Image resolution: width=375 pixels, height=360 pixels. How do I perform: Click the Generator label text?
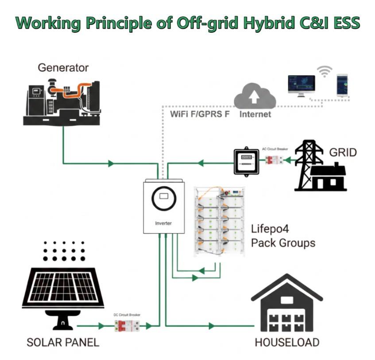[x=63, y=68]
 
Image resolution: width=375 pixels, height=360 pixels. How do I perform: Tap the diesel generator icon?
[x=62, y=102]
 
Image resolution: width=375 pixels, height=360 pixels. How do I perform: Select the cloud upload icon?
[x=255, y=96]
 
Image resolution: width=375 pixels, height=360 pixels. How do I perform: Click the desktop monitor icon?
[x=302, y=86]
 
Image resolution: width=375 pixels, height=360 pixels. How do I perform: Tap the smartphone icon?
[x=342, y=85]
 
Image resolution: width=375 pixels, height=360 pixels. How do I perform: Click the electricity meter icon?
[x=246, y=161]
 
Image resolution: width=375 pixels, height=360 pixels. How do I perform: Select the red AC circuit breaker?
[x=274, y=160]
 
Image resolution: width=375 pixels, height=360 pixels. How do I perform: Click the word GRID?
[x=343, y=153]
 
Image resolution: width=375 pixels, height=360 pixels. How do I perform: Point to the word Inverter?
[x=163, y=223]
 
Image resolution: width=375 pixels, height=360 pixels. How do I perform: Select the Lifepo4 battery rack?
[x=220, y=222]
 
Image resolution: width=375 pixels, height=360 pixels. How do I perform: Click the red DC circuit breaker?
[x=127, y=326]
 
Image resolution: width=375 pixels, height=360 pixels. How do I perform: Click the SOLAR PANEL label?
[x=63, y=343]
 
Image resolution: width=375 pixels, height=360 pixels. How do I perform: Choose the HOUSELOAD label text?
[x=287, y=343]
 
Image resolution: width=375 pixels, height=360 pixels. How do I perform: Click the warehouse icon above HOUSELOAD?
[x=287, y=303]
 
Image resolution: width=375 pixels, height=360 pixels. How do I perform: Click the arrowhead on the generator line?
[x=111, y=164]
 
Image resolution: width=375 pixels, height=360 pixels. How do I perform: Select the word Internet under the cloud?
[x=255, y=114]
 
